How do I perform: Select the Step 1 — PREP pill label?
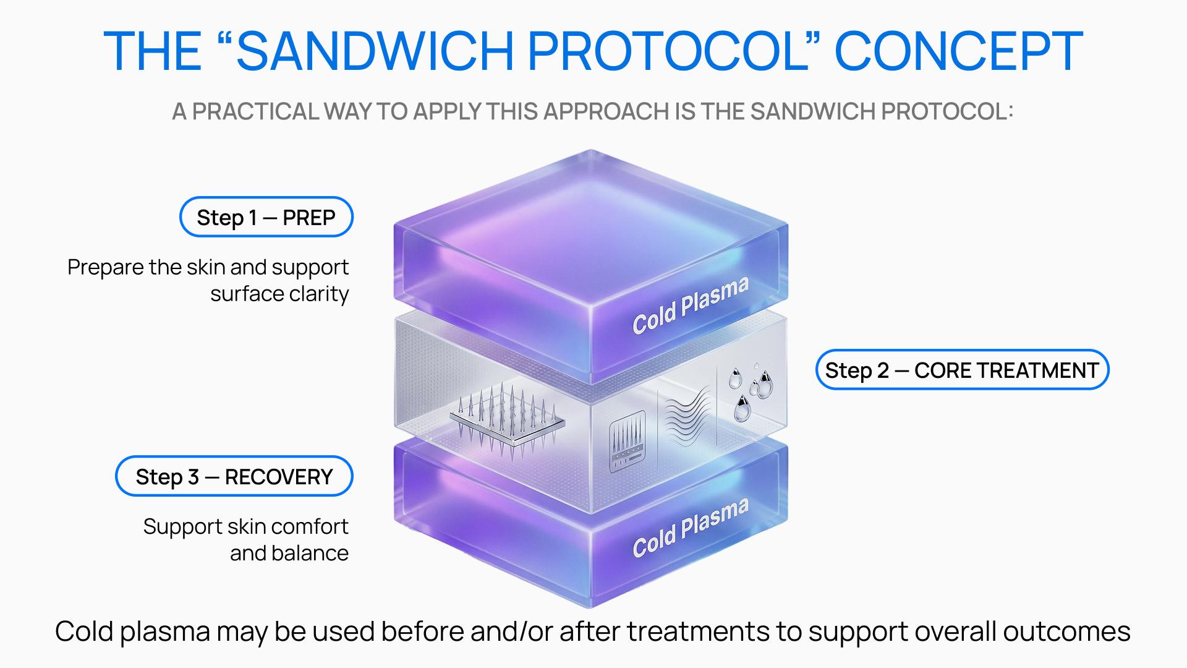coord(266,217)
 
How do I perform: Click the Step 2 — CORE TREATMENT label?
coord(962,370)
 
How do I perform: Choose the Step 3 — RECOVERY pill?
coord(234,476)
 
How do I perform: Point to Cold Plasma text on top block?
coord(691,306)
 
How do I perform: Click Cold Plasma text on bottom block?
coord(691,528)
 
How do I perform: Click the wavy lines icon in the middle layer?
coord(687,414)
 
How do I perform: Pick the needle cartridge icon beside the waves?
coord(627,441)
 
